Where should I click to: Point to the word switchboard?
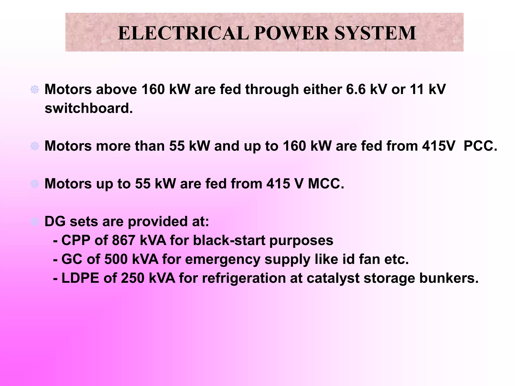[x=89, y=108]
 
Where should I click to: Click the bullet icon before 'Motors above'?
[x=35, y=89]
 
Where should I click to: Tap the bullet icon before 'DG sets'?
[x=35, y=222]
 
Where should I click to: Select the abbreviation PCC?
[x=480, y=146]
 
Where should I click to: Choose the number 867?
[x=123, y=240]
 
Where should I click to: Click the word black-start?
[x=229, y=240]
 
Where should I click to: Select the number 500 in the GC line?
[x=116, y=259]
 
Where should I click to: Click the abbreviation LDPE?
[x=80, y=278]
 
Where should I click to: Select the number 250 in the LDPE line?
[x=133, y=278]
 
